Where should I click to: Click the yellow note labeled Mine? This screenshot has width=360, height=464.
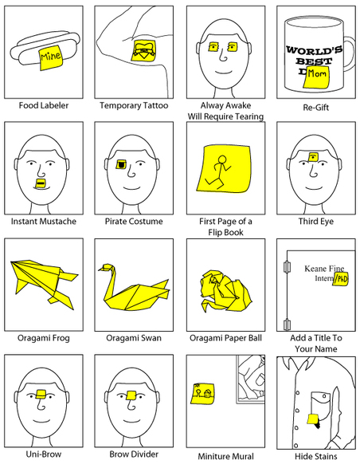pos(51,58)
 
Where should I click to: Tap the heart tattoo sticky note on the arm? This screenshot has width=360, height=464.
pos(143,50)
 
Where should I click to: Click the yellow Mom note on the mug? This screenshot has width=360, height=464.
pos(316,77)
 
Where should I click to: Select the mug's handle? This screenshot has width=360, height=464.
pos(349,54)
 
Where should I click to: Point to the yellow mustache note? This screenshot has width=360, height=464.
pos(40,183)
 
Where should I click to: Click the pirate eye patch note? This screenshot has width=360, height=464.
pos(121,164)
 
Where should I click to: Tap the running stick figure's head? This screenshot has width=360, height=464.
pos(222,159)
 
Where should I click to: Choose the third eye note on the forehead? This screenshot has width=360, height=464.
pos(313,156)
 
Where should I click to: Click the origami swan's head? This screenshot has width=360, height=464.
pos(106,268)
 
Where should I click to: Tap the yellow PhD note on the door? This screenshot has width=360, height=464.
pos(340,278)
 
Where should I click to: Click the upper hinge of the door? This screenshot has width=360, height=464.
pos(286,266)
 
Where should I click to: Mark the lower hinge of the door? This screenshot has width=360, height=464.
pos(287,324)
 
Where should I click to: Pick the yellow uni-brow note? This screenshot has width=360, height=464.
pos(41,394)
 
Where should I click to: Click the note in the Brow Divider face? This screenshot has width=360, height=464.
pos(131,395)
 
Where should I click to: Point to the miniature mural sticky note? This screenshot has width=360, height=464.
pos(203,394)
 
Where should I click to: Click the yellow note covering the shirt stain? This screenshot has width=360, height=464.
pos(313,419)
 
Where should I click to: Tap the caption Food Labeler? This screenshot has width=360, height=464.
pos(44,105)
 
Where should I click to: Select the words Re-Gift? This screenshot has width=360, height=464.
pos(315,107)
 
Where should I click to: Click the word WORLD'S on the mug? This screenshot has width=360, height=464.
pos(314,49)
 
